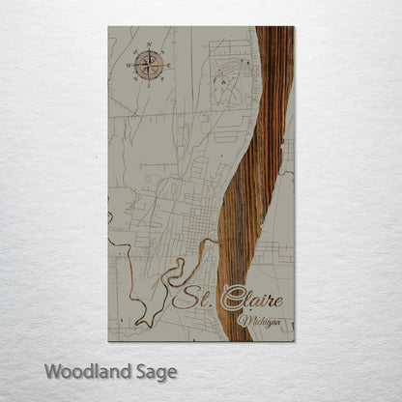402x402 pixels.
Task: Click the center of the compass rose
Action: coord(149,65)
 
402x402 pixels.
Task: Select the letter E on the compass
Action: coord(168,65)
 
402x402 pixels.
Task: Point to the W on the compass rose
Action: coord(129,65)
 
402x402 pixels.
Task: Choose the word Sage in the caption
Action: coord(151,371)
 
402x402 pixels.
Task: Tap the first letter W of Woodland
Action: coord(52,370)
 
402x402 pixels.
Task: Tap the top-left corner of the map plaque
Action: coord(108,27)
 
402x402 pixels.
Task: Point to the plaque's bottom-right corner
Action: coord(294,341)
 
